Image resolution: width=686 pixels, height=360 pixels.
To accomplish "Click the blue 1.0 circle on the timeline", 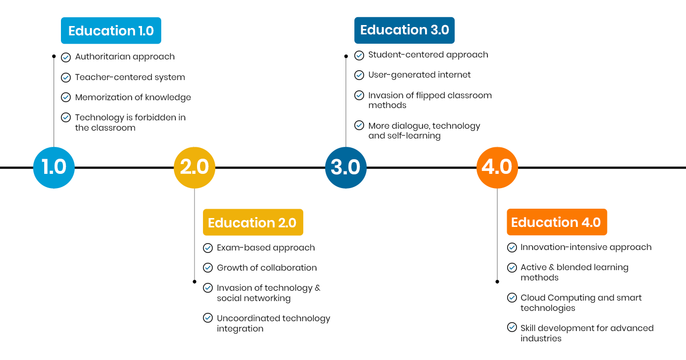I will click(x=54, y=167).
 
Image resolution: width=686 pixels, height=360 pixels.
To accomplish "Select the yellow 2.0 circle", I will click(x=195, y=167).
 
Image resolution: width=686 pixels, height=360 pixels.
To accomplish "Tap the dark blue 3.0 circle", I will click(x=346, y=167).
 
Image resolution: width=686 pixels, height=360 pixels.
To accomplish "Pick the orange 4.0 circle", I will click(x=497, y=167).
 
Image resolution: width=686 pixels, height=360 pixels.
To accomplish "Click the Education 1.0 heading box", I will click(x=111, y=31).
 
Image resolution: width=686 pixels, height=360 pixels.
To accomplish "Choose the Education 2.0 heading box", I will click(x=253, y=222).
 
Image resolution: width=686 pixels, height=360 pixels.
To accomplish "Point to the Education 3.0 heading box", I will click(x=404, y=30).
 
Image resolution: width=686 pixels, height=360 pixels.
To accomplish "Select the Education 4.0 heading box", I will click(x=556, y=222).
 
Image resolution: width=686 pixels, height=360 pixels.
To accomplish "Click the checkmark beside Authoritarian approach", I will click(x=66, y=57).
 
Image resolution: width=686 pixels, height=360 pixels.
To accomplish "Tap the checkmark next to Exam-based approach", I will click(x=208, y=248).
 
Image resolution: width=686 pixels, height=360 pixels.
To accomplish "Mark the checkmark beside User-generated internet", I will click(x=359, y=75).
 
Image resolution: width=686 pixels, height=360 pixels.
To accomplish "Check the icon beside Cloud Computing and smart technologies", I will click(x=512, y=298).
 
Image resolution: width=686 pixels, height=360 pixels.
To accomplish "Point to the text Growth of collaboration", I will click(x=267, y=268).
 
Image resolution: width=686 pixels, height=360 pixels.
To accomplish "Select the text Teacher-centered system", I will click(x=130, y=77).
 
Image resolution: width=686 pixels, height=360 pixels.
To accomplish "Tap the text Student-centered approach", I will click(x=428, y=55).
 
